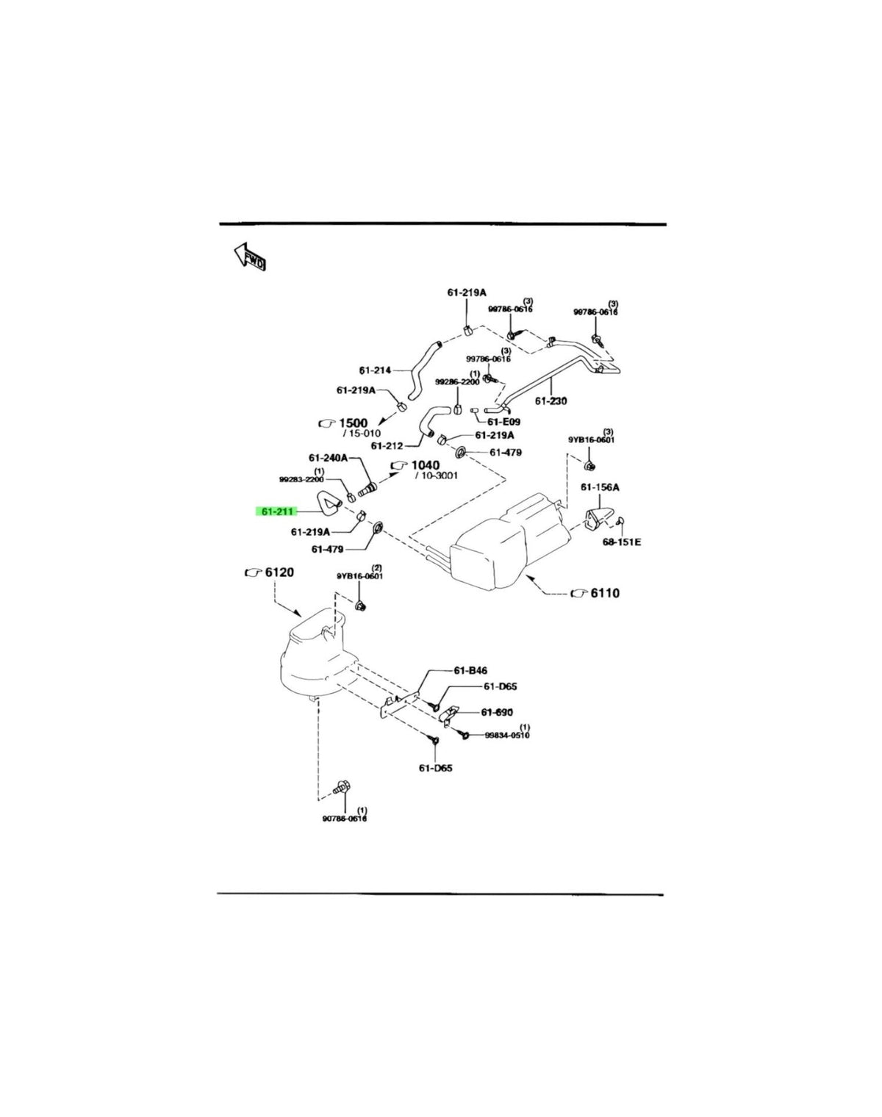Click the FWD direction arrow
[x=250, y=256]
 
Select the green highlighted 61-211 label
[x=275, y=511]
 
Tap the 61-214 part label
[x=375, y=370]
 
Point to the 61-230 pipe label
[x=551, y=401]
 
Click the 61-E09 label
[x=503, y=423]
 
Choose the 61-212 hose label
[x=387, y=446]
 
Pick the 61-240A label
[x=328, y=458]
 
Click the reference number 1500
[x=353, y=423]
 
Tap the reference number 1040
[x=425, y=465]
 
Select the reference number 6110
[x=605, y=593]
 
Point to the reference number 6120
[x=279, y=572]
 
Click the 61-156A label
[x=600, y=487]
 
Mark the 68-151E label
[x=621, y=542]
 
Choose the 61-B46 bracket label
[x=470, y=671]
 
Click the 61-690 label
[x=497, y=712]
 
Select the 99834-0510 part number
[x=507, y=735]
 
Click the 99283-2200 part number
[x=301, y=480]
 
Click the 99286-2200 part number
[x=457, y=381]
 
